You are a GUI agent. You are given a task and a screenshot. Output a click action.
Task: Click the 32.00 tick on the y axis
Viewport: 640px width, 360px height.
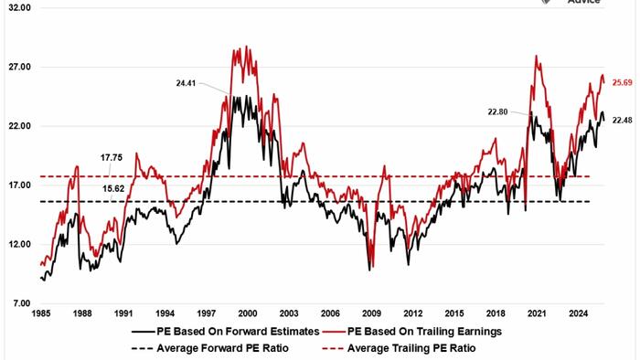tap(18, 8)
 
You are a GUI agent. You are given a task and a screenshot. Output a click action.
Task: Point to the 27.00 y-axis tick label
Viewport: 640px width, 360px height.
tap(18, 68)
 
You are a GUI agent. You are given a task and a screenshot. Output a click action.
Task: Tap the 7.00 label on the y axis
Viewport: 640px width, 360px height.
tap(20, 303)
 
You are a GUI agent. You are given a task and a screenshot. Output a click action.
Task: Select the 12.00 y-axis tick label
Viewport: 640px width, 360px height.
tap(18, 244)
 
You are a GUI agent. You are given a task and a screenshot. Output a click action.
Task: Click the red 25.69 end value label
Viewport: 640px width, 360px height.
tap(623, 83)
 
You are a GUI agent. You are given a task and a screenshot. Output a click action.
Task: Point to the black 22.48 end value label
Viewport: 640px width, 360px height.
tap(623, 120)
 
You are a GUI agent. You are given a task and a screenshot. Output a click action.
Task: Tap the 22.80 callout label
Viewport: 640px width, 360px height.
tap(498, 111)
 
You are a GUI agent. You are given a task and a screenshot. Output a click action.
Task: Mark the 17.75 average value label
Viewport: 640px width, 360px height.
tap(111, 157)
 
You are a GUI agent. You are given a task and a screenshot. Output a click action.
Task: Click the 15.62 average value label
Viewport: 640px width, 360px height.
tap(111, 189)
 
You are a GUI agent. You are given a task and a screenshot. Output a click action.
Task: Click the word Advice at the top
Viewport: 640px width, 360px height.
tap(583, 3)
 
